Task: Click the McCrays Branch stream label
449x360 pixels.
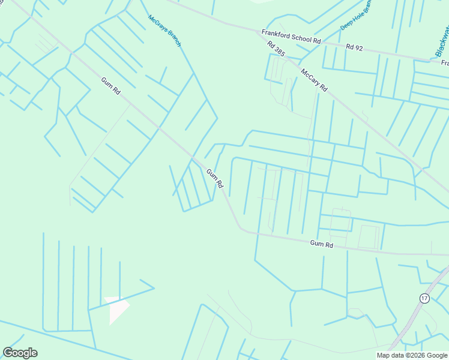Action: pyautogui.click(x=164, y=30)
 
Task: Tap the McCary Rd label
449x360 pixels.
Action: pyautogui.click(x=314, y=79)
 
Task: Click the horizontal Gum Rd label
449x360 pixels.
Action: pyautogui.click(x=321, y=244)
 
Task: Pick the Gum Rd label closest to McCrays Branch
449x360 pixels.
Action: pyautogui.click(x=111, y=87)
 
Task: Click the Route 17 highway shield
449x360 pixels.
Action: pyautogui.click(x=424, y=298)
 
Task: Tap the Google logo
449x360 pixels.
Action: pyautogui.click(x=20, y=353)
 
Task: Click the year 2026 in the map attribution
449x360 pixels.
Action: pyautogui.click(x=414, y=355)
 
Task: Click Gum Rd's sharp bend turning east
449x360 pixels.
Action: pyautogui.click(x=241, y=229)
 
